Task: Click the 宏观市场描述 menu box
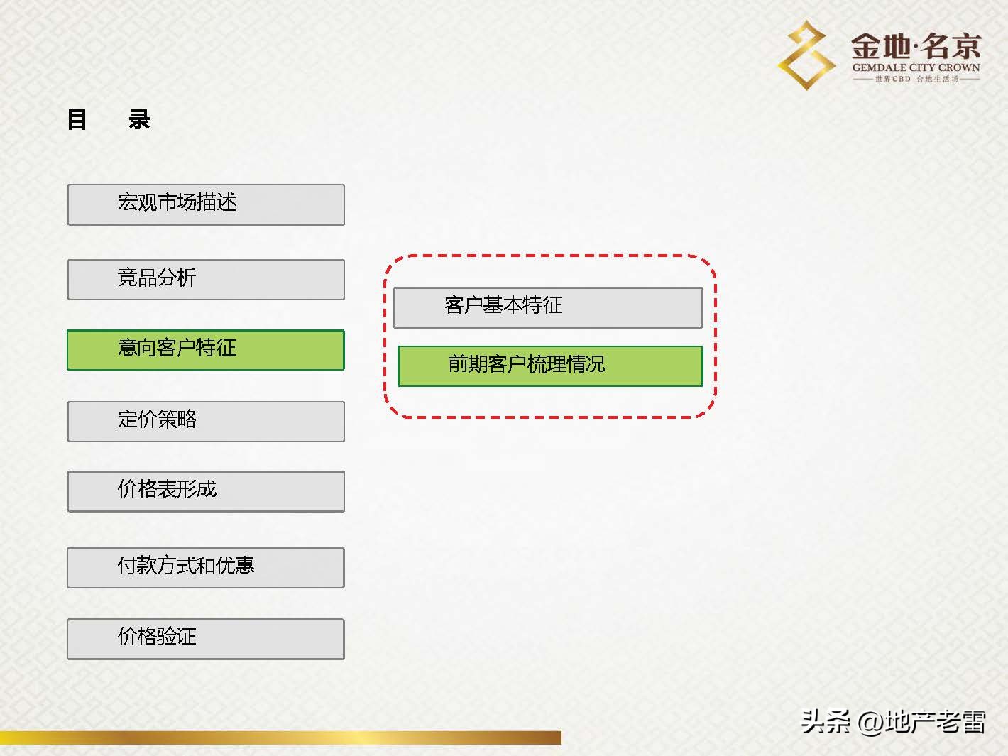point(206,204)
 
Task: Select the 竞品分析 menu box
point(206,279)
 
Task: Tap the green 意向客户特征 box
point(206,349)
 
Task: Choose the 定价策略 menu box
point(206,421)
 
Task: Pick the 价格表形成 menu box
point(206,491)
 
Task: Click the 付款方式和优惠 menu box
point(206,567)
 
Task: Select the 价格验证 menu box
point(206,638)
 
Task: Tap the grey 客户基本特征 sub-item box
point(548,307)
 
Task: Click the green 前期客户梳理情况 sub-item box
point(550,366)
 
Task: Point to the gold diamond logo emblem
point(806,55)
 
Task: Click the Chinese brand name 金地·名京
point(916,46)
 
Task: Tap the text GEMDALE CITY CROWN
point(916,68)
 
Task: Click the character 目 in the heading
point(77,119)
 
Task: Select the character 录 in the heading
point(139,119)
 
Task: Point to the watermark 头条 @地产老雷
point(893,722)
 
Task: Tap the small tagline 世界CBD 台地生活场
point(916,79)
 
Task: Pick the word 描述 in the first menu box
point(217,202)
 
